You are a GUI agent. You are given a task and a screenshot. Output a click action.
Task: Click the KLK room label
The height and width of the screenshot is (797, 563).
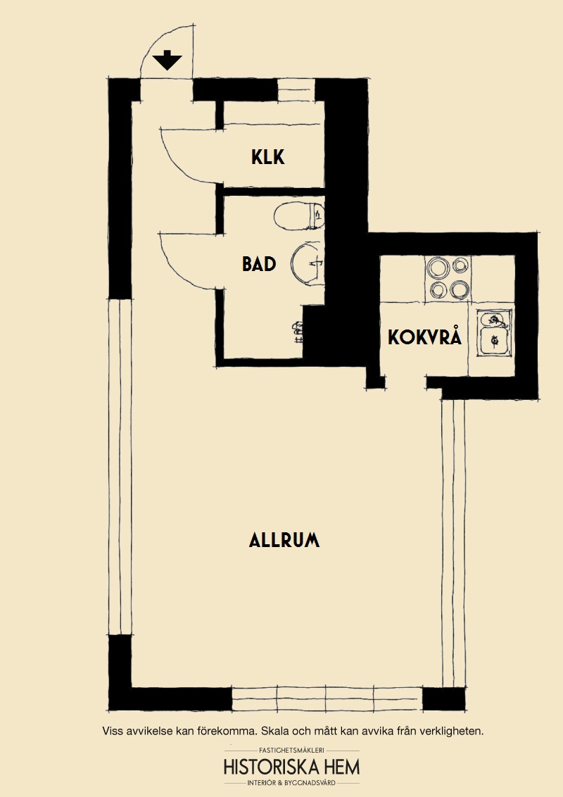click(268, 157)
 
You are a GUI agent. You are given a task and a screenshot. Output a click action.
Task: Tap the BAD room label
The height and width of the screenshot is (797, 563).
click(259, 264)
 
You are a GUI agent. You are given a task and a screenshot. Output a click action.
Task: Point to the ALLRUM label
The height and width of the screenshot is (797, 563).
click(284, 540)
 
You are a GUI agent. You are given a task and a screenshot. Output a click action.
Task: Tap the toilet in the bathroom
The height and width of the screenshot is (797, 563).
click(299, 217)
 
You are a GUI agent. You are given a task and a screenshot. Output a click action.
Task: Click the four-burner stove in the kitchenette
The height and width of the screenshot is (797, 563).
click(448, 278)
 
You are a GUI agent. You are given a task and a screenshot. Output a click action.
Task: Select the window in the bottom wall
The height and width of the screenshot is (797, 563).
click(327, 699)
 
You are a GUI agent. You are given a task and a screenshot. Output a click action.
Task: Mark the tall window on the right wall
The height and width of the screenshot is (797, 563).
click(453, 544)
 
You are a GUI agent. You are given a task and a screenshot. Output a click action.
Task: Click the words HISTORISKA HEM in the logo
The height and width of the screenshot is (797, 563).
click(291, 767)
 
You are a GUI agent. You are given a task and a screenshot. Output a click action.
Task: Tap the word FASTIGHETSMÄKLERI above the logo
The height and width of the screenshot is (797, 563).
click(291, 750)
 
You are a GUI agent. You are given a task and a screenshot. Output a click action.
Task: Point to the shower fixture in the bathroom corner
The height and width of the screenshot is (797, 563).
click(297, 331)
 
